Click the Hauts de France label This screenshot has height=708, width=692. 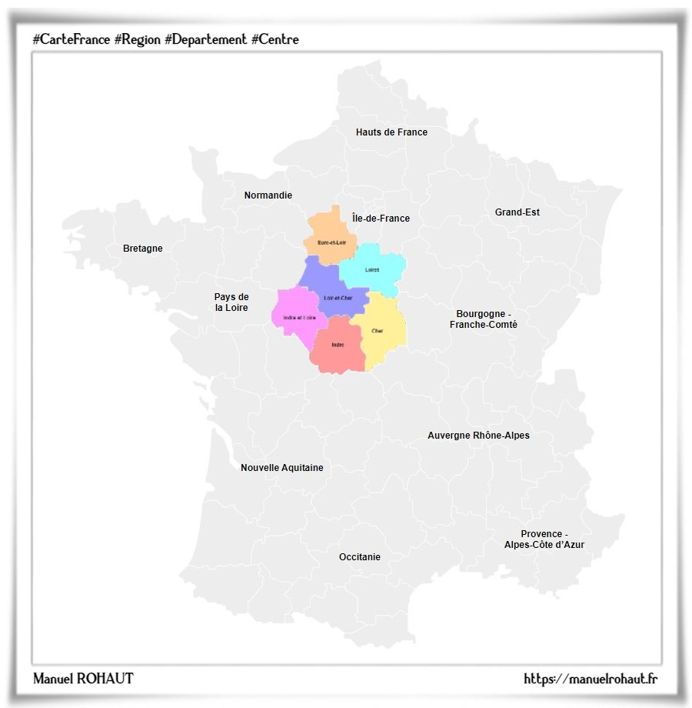(391, 132)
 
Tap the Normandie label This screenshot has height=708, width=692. (268, 195)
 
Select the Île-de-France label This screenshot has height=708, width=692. (381, 219)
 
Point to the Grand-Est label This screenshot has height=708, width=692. (517, 212)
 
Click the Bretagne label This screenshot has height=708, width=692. (143, 249)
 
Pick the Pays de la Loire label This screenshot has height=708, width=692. (231, 302)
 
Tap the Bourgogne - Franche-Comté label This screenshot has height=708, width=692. (484, 319)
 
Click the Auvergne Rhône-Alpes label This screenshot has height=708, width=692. (478, 436)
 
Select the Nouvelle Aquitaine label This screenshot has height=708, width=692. (282, 468)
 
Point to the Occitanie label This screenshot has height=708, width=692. (360, 557)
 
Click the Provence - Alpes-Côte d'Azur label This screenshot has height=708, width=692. (544, 539)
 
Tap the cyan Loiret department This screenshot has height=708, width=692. (372, 269)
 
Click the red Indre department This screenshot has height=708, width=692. (338, 346)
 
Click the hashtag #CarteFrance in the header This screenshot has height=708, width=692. (72, 39)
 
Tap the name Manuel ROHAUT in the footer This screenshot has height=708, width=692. (83, 679)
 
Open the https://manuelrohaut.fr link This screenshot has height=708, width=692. (591, 679)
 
